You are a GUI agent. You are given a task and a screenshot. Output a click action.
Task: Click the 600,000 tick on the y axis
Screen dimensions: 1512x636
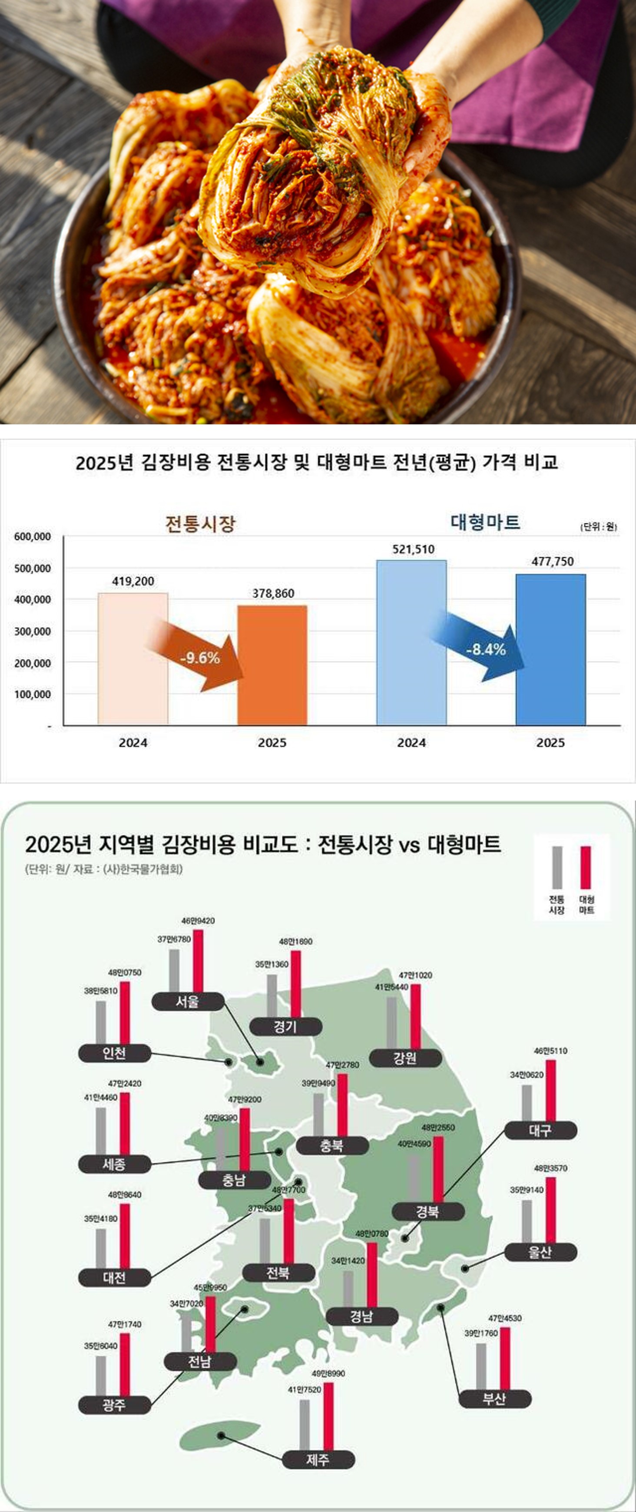32,536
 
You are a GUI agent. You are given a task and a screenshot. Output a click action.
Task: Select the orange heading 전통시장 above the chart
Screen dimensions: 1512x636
200,523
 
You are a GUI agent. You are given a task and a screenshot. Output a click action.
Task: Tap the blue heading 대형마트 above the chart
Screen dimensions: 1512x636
485,522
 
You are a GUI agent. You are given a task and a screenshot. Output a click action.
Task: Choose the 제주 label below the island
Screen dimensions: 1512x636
318,1459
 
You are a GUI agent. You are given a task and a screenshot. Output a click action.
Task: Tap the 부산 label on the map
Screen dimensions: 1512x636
494,1398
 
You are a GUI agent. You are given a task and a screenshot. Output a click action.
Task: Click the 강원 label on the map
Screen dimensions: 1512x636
404,1058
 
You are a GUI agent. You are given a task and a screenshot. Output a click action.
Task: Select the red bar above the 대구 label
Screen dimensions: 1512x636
550,1091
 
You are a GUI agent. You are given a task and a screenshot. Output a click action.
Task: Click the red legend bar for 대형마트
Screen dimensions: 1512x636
586,867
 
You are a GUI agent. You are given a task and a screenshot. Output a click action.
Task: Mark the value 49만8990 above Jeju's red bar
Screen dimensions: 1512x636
328,1373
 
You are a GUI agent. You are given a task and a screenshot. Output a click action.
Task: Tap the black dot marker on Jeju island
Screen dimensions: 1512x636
221,1436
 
